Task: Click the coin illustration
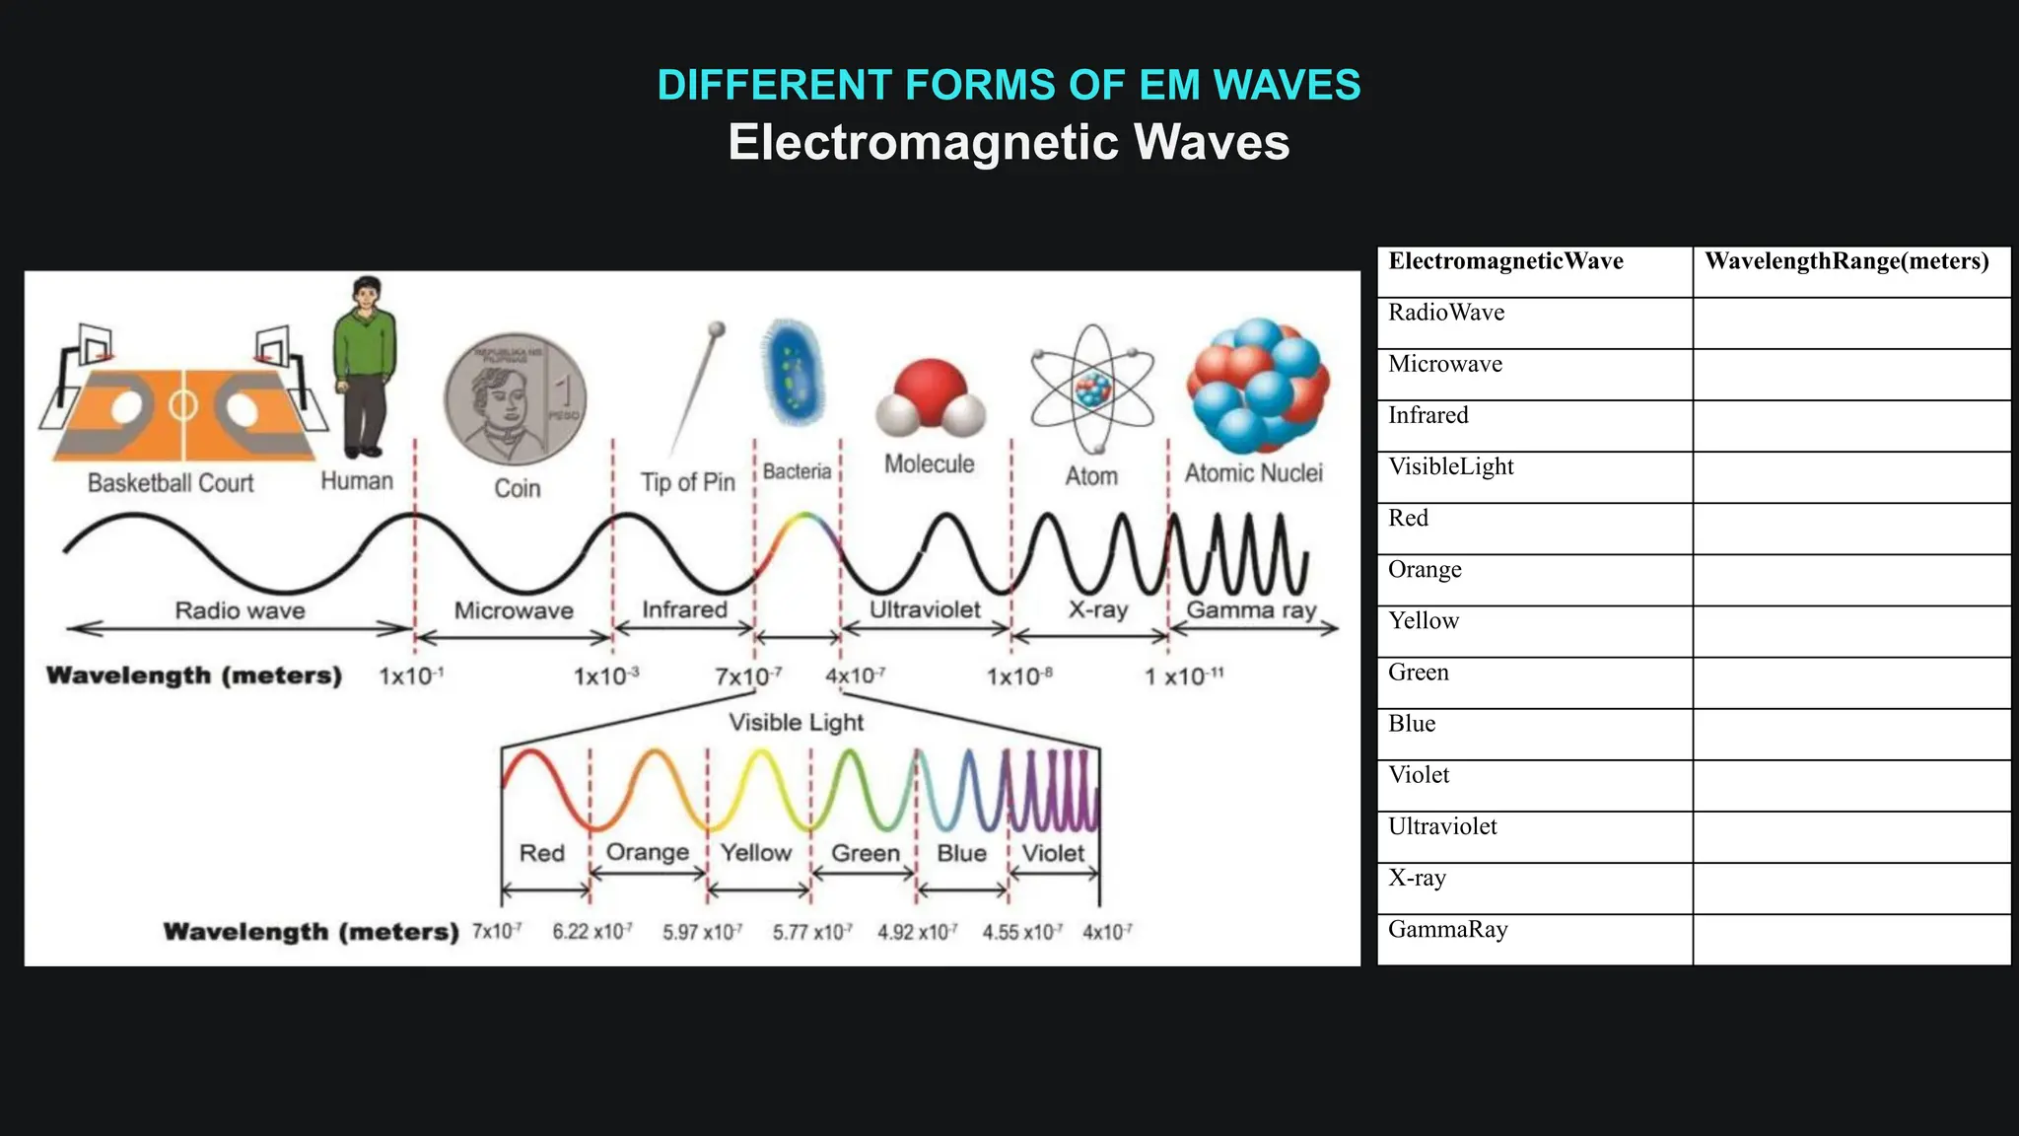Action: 515,398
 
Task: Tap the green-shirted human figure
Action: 364,365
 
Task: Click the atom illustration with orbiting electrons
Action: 1091,389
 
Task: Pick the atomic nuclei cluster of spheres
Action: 1257,385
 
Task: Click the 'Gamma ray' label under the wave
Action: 1251,610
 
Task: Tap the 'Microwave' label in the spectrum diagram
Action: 514,611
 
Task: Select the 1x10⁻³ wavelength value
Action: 606,676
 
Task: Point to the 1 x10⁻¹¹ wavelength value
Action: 1184,676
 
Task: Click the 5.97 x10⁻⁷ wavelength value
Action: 702,932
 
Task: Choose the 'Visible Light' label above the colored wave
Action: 796,723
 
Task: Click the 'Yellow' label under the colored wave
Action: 756,853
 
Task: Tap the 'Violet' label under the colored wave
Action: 1053,853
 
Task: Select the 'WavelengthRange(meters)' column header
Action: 1846,261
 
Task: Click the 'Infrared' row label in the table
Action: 1428,415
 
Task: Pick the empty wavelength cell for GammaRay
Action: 1850,939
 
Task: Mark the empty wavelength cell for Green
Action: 1850,682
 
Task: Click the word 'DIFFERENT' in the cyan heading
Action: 775,85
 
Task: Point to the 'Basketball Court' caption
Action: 171,483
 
